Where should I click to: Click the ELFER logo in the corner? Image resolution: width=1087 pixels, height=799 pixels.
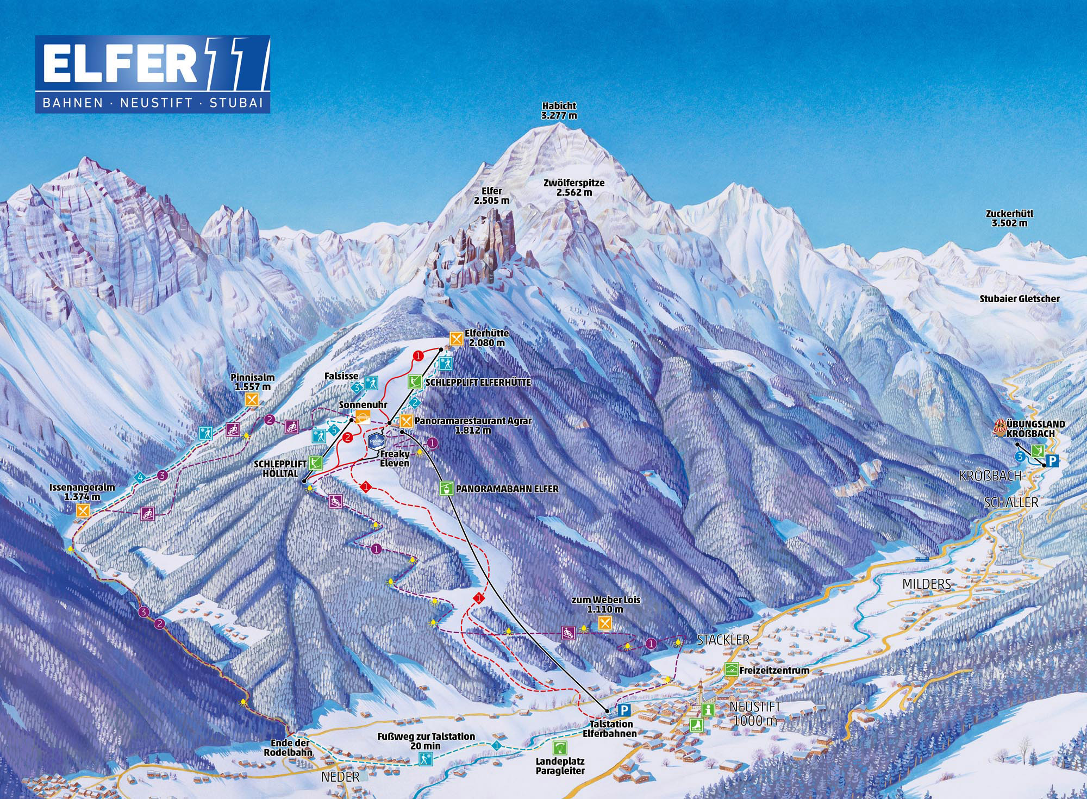pos(152,74)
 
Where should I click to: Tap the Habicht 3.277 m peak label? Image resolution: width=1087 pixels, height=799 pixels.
pos(559,111)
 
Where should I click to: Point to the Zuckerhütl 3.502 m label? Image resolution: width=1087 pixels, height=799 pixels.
pos(1009,219)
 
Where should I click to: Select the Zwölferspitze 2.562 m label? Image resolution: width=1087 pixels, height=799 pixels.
pos(574,188)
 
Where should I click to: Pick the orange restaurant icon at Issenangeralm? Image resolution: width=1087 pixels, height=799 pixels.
pos(83,510)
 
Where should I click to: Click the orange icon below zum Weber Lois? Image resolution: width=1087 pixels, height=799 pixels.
pos(605,623)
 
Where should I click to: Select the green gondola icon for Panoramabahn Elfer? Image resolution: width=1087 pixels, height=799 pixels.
pos(446,488)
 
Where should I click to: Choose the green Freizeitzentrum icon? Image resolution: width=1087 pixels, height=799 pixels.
pos(731,670)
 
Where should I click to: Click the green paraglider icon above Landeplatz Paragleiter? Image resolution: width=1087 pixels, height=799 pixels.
pos(559,747)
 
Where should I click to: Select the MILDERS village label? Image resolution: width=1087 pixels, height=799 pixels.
pos(927,584)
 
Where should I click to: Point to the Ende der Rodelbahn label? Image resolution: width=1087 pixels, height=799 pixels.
pos(290,747)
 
